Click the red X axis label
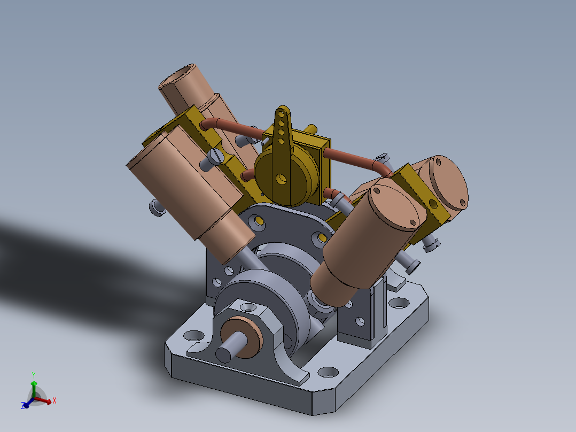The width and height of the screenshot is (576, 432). coord(55,400)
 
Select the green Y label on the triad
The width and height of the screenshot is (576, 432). coord(33,374)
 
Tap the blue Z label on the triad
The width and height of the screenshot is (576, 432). coord(24,406)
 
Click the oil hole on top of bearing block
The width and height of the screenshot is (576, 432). coord(248,307)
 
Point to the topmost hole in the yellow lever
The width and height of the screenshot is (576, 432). coord(281,114)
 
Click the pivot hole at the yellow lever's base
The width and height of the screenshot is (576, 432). coord(281,178)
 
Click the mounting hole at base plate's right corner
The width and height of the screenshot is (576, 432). coord(398,303)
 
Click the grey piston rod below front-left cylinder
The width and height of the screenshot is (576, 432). coord(251,260)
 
